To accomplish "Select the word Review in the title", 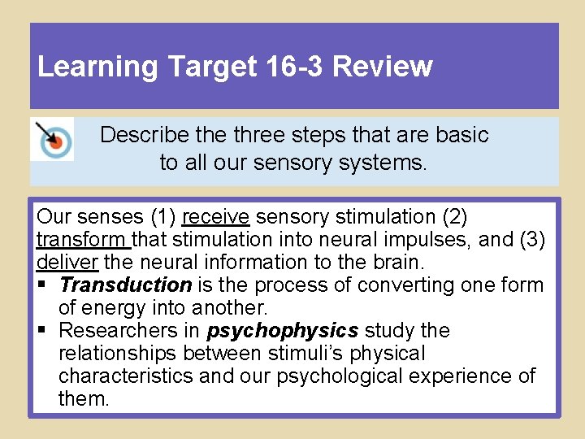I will point(383,67).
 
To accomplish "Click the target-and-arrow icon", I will point(51,139).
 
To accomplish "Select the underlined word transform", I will point(83,240).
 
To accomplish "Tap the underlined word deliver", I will point(67,263).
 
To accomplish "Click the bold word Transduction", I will point(125,285).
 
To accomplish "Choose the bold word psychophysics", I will point(283,331).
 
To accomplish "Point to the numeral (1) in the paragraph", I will point(162,217).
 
